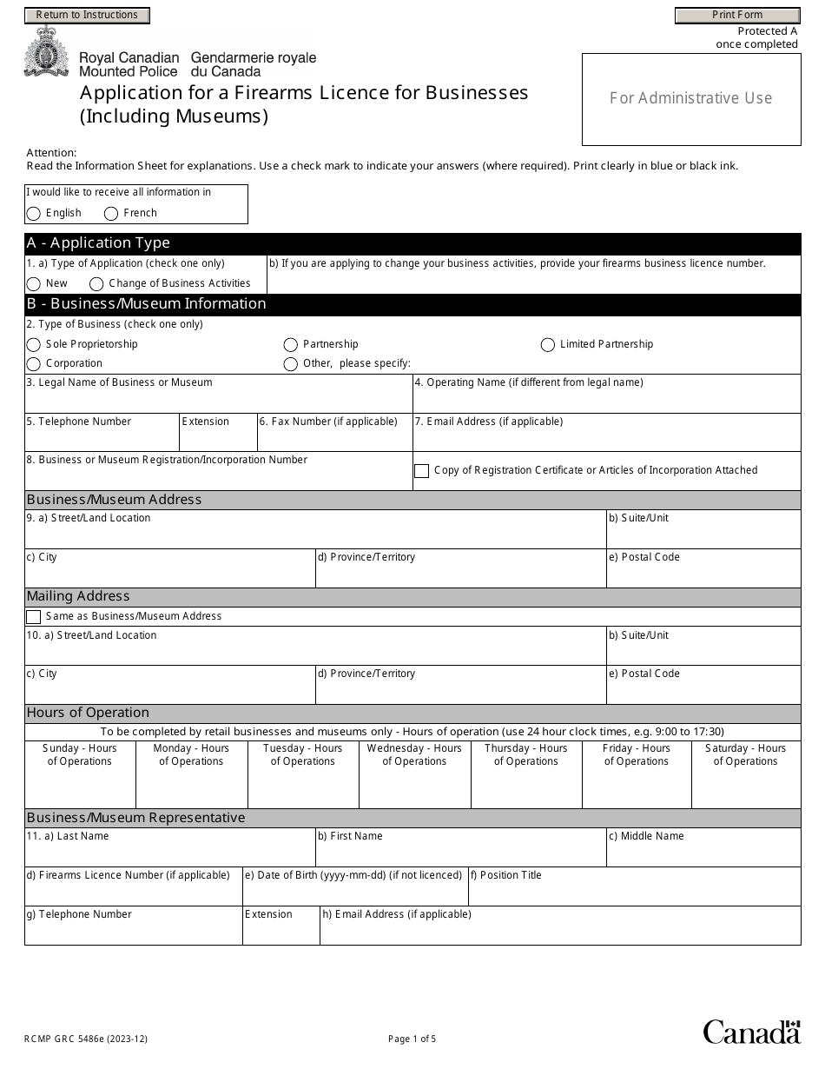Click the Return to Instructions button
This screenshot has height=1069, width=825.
(87, 15)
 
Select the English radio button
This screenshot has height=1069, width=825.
(34, 214)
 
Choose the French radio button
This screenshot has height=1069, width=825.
(111, 214)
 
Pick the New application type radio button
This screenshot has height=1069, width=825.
(34, 284)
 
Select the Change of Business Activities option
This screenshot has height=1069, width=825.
(96, 284)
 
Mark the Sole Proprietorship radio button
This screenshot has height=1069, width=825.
(34, 345)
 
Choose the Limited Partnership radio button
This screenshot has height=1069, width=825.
(548, 345)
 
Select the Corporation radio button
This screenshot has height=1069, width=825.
(34, 364)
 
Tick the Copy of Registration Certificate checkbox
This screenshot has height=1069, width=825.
(422, 471)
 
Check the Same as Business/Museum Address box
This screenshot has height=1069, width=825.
(34, 617)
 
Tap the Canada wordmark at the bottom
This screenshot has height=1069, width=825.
(751, 1032)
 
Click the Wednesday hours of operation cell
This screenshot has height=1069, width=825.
(414, 787)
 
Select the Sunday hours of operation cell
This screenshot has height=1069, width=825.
(80, 787)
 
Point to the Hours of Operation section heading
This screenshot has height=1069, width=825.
(89, 713)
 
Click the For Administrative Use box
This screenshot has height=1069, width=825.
(690, 98)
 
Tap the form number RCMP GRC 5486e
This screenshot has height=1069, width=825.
(80, 1039)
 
